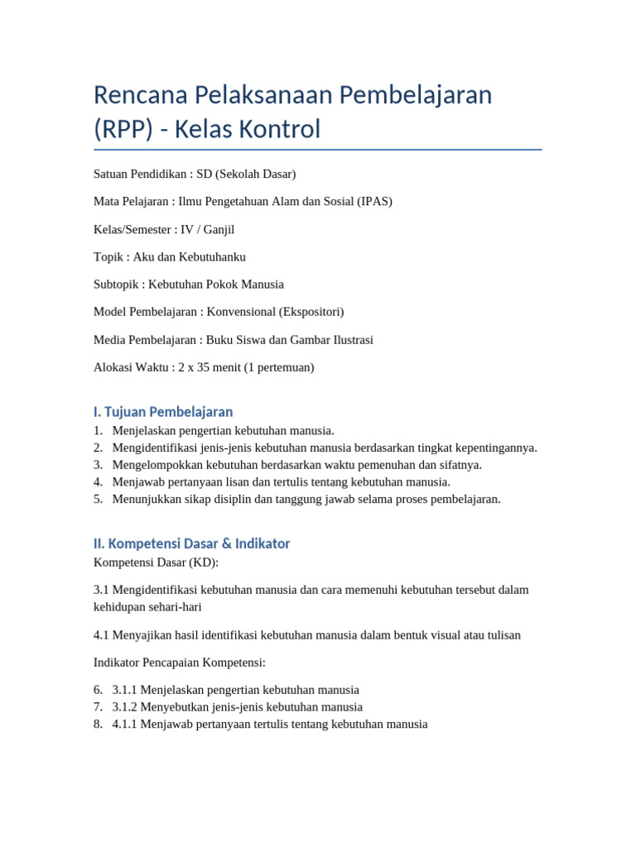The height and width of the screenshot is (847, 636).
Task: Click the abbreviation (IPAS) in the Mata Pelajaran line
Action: (x=375, y=201)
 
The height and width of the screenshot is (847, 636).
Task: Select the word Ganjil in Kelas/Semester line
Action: (x=224, y=229)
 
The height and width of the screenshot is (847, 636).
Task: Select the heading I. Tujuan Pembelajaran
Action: (x=163, y=411)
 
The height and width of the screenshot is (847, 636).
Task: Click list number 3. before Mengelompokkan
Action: (x=99, y=465)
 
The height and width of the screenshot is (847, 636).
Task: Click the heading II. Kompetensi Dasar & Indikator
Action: (x=191, y=543)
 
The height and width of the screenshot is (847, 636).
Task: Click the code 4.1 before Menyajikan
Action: (x=103, y=635)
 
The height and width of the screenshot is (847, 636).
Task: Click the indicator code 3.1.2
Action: (x=124, y=707)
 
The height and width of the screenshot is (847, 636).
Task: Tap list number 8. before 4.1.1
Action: (x=99, y=724)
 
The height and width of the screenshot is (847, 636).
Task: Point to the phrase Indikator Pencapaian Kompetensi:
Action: (x=180, y=663)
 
